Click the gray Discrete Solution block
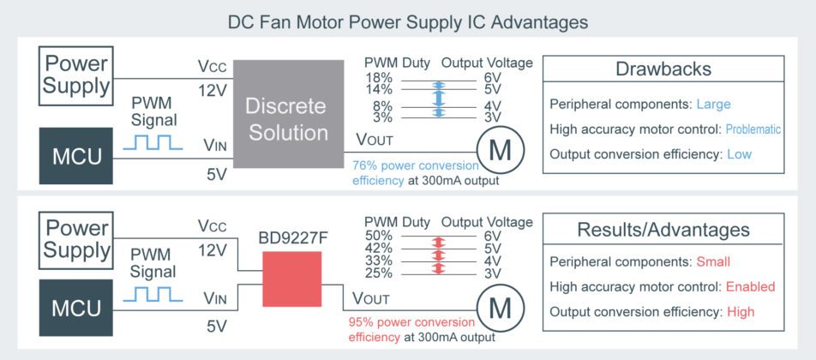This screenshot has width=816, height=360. coord(285,119)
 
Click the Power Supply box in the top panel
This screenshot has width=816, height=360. coord(76,75)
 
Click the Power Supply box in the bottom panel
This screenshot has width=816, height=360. coord(76,239)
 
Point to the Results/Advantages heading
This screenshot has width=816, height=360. coord(663,230)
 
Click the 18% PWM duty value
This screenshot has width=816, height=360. coord(378,77)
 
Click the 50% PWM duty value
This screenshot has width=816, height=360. coord(378,236)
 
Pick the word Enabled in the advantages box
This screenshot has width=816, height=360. coord(750,286)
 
